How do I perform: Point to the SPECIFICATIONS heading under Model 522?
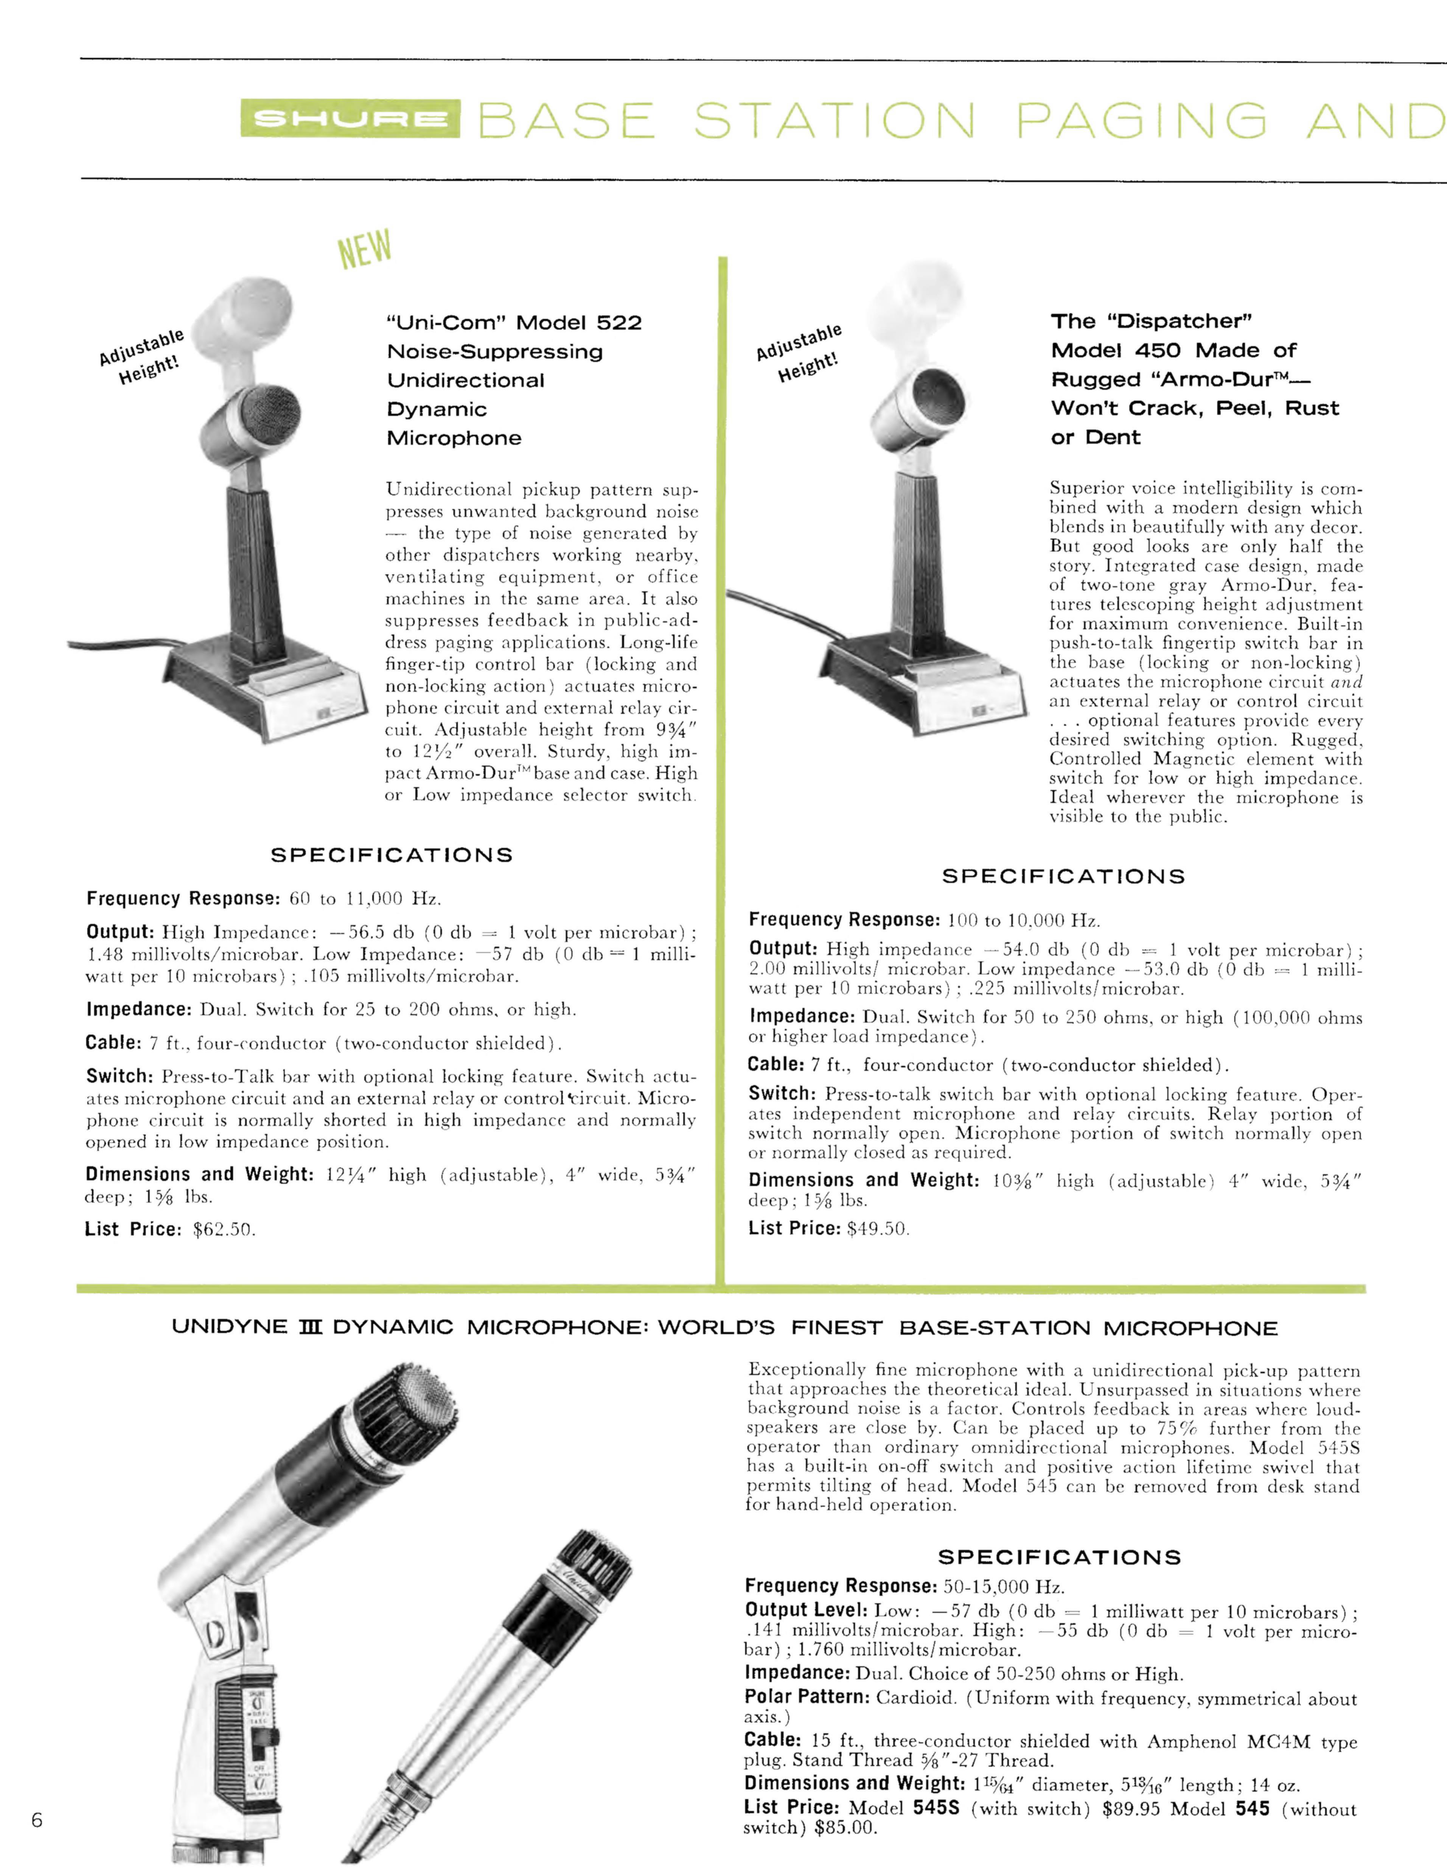pyautogui.click(x=392, y=855)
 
